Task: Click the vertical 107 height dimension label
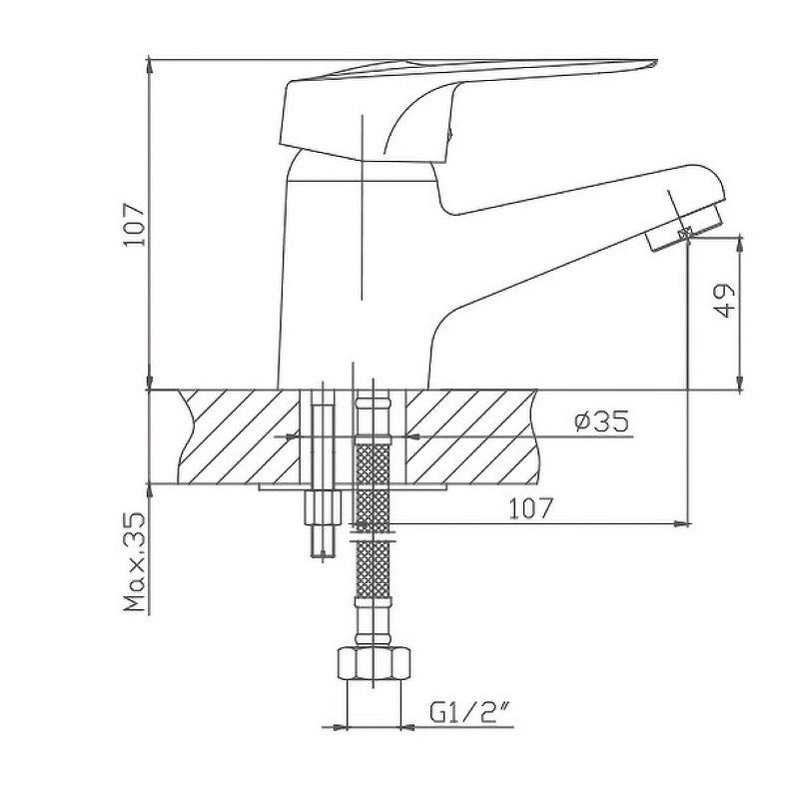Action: coord(135,225)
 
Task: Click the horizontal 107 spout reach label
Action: coord(530,508)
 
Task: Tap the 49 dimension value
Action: coord(722,301)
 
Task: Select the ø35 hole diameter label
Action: coord(601,421)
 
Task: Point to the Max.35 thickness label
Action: coord(135,562)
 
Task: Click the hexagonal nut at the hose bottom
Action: coord(375,663)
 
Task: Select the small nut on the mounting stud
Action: coord(323,507)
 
